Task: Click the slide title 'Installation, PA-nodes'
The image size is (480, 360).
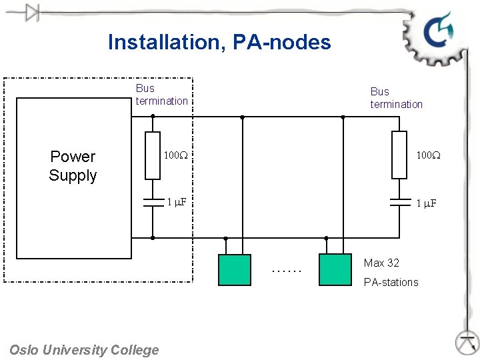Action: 219,43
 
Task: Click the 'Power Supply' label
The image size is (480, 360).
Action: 73,166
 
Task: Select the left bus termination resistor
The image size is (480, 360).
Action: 153,155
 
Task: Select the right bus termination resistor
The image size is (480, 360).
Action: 399,155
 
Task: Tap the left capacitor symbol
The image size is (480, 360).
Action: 153,202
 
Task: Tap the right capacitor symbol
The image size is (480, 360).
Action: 399,203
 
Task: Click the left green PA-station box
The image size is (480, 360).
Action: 235,270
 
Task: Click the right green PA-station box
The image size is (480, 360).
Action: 335,270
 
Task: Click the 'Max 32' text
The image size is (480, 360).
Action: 381,263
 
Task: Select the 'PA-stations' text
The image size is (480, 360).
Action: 391,282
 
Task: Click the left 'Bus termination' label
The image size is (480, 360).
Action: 161,95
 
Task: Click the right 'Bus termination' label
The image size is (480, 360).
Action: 396,98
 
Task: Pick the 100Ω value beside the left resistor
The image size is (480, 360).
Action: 177,155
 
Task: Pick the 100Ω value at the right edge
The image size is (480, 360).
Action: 429,155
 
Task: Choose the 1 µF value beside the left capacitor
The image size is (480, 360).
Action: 177,202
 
